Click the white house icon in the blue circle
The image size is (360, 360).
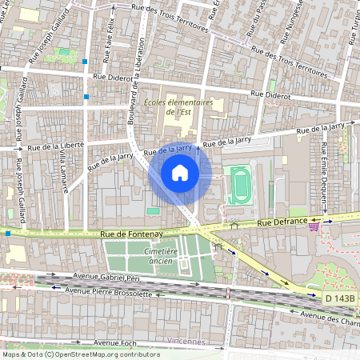(x=180, y=173)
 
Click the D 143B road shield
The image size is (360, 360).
(x=340, y=298)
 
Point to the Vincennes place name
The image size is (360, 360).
(x=186, y=341)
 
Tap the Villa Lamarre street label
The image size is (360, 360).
(x=63, y=171)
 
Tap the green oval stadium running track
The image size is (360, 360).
(x=239, y=186)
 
